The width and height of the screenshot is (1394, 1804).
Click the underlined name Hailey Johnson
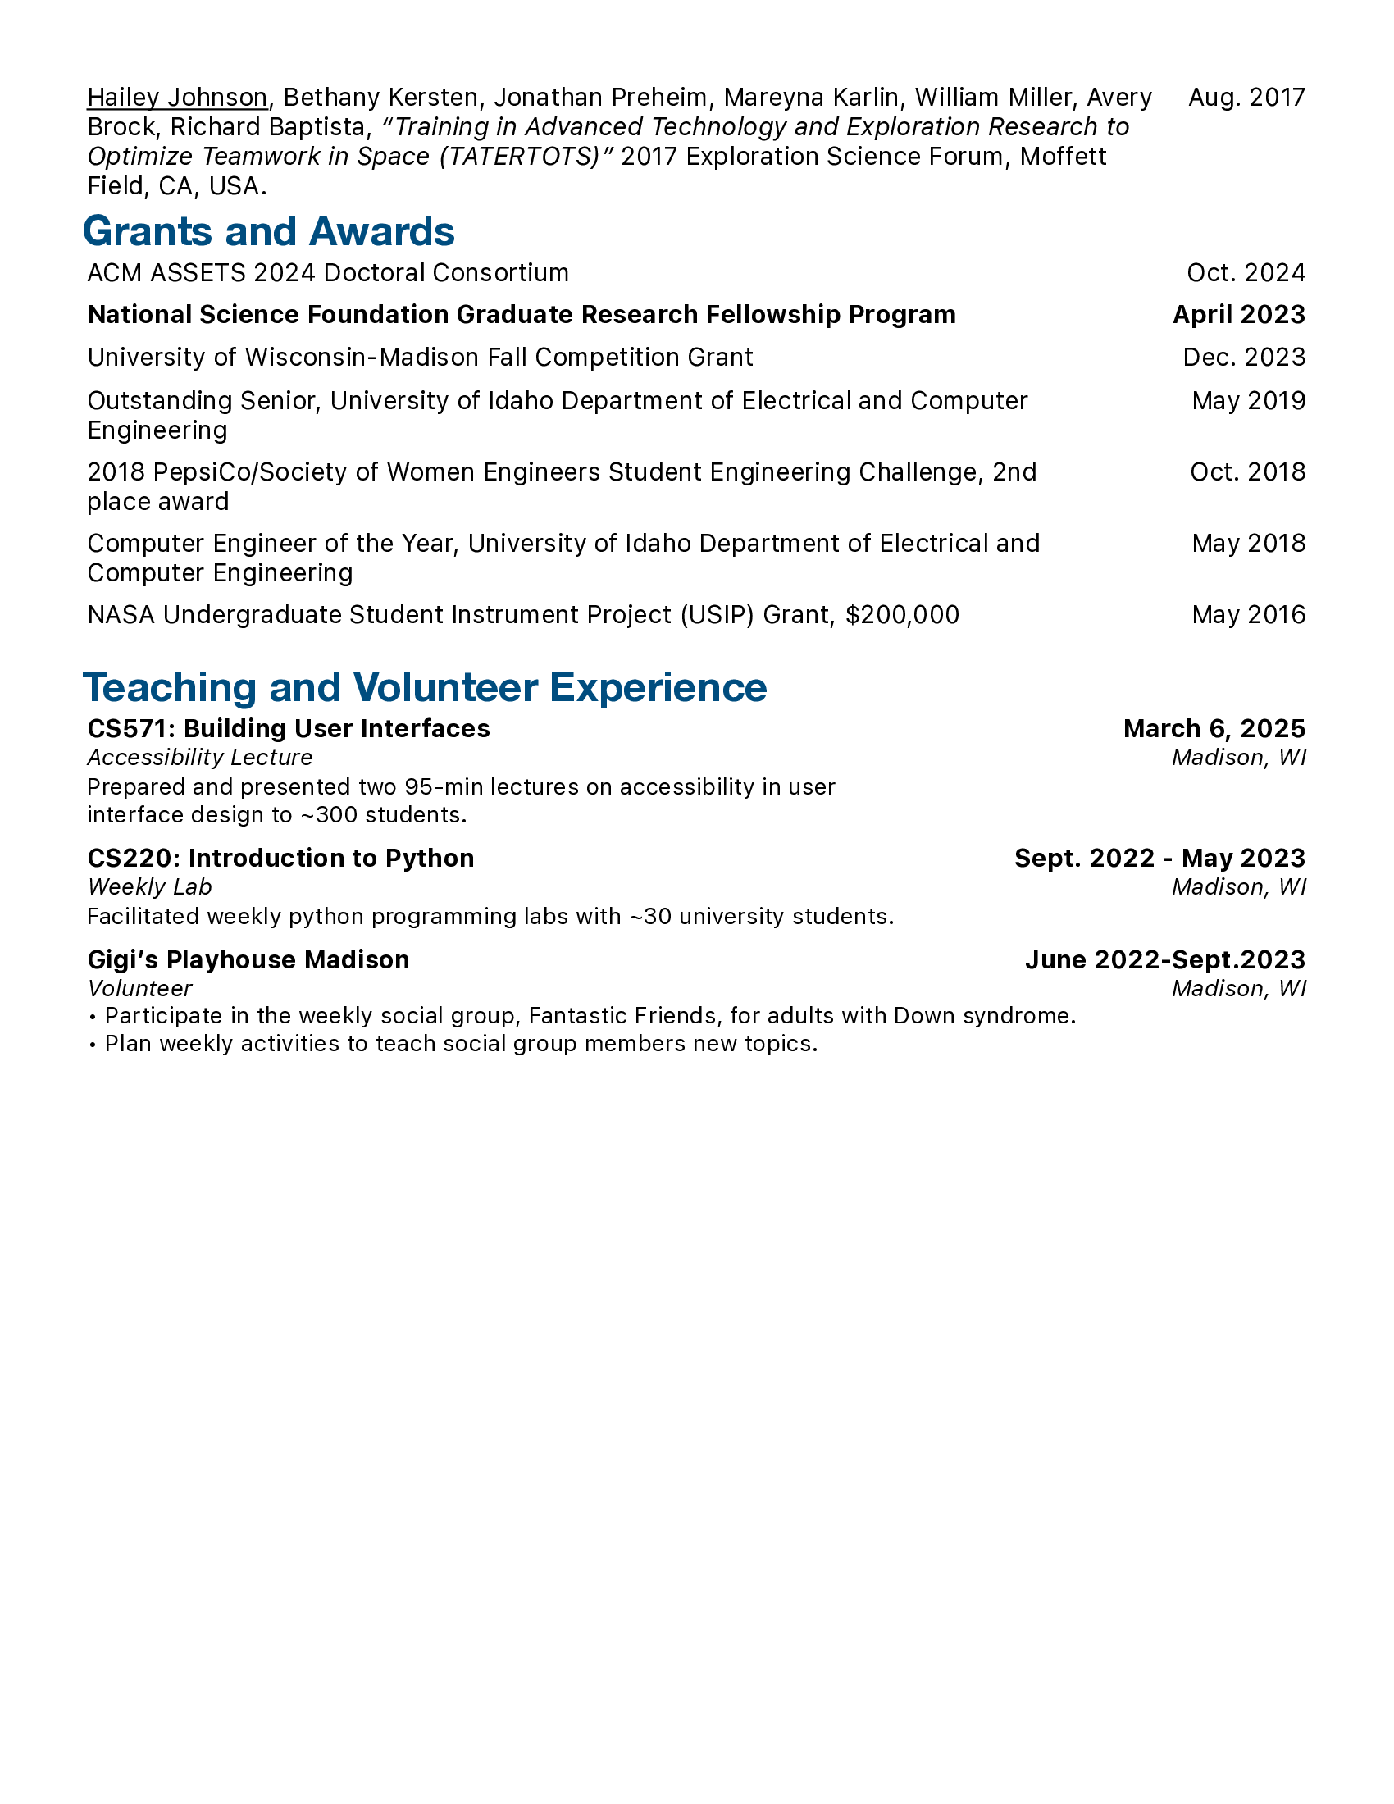[x=177, y=98]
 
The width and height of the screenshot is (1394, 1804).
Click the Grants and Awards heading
[x=268, y=231]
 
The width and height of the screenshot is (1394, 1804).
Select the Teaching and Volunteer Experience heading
[x=425, y=687]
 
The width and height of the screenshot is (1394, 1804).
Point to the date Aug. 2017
[x=1246, y=98]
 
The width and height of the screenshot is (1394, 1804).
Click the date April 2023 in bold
[x=1239, y=315]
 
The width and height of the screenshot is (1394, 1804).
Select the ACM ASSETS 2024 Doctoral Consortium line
[x=328, y=272]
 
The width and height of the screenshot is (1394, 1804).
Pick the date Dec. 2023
[x=1244, y=357]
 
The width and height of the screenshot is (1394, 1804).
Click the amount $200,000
[x=902, y=614]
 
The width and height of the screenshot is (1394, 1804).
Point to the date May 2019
[x=1248, y=401]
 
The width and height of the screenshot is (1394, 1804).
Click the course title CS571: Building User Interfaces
[x=288, y=728]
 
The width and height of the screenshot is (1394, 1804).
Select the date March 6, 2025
[x=1214, y=728]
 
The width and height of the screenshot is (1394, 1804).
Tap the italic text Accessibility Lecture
[x=200, y=758]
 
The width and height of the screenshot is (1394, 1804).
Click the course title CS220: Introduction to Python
[x=280, y=859]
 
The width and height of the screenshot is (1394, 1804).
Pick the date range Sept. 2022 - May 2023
[x=1159, y=859]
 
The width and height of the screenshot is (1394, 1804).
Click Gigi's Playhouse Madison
[x=248, y=960]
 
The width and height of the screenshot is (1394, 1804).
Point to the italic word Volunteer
[x=139, y=989]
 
